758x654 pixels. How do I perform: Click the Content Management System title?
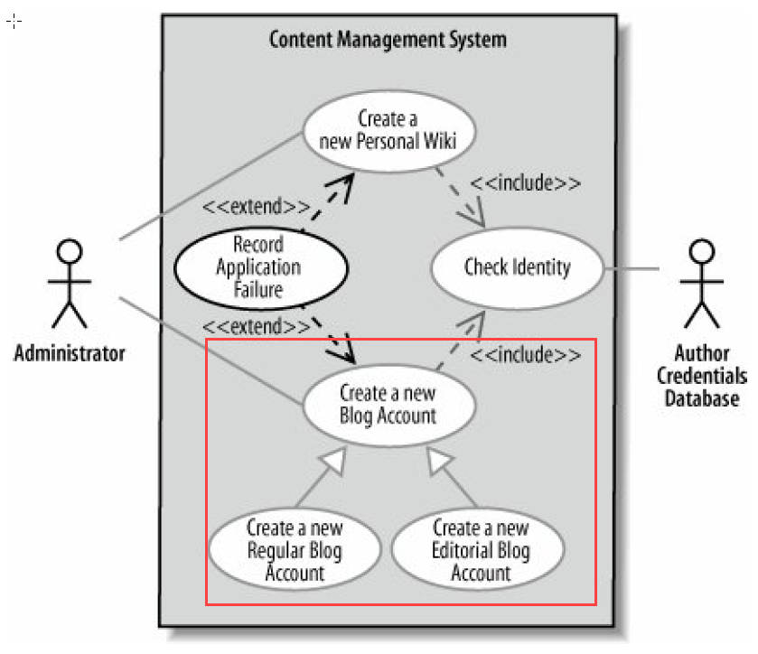point(388,40)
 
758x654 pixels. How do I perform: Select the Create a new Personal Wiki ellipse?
point(388,130)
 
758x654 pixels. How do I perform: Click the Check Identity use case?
point(517,267)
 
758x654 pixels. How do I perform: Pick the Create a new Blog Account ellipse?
point(388,404)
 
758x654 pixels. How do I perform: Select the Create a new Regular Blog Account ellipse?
point(294,549)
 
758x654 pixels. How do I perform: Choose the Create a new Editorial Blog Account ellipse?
point(480,549)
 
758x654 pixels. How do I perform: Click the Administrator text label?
point(70,353)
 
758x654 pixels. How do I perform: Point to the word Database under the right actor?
point(702,397)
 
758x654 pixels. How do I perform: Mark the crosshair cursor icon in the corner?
point(14,21)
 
